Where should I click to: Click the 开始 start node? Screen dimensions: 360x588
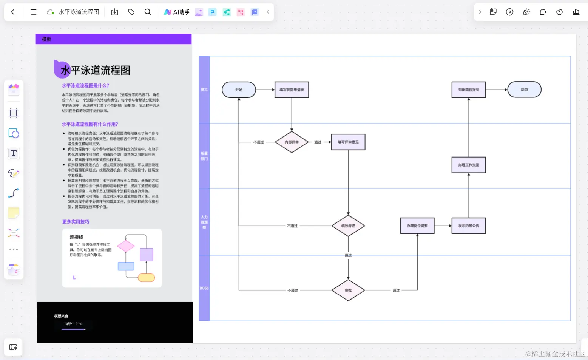pos(239,90)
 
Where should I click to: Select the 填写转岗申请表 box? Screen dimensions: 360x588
pos(292,90)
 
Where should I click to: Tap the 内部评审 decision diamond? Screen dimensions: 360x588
pos(292,142)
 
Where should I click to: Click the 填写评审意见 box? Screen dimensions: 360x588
pos(348,142)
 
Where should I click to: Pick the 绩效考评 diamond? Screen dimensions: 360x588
pos(348,226)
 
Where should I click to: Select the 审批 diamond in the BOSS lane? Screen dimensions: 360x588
pos(348,290)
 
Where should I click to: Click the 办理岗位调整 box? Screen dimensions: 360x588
pos(417,226)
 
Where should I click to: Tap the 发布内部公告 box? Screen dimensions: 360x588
pos(469,226)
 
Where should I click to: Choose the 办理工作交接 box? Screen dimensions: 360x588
pos(469,165)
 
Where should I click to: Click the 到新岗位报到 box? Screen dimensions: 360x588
pos(469,90)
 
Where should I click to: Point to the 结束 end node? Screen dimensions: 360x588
pos(524,90)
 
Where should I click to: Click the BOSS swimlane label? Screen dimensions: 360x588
pos(204,288)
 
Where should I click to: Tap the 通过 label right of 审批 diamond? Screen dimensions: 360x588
pos(396,290)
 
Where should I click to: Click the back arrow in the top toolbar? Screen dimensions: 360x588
pos(13,12)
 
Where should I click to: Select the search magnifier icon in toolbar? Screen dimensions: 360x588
pos(148,12)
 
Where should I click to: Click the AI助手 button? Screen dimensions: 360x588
pos(177,12)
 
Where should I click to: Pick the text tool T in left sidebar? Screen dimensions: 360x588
pos(14,153)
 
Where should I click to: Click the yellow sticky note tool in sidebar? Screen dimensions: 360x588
pos(14,213)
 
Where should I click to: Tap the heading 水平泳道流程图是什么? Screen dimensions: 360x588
pos(85,86)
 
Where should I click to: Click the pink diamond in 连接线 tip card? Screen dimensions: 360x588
pos(126,246)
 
